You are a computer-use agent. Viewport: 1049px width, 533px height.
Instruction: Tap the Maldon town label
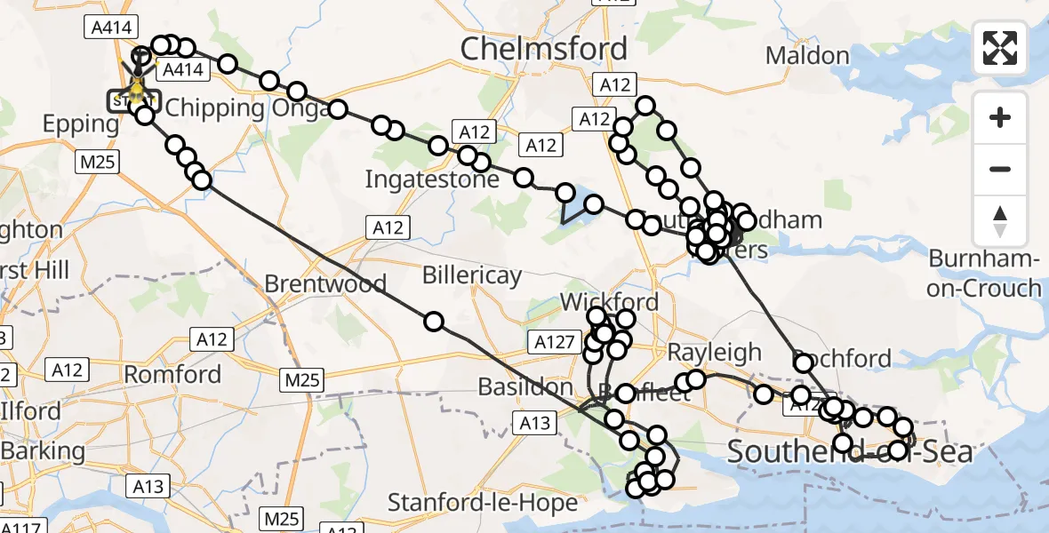[x=807, y=56]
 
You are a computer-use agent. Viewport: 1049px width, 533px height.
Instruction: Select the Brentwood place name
[x=325, y=284]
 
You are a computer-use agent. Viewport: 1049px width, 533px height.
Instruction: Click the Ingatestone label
[x=432, y=179]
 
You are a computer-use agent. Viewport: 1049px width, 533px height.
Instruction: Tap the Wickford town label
[x=609, y=302]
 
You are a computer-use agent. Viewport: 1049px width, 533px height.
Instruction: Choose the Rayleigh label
[x=715, y=353]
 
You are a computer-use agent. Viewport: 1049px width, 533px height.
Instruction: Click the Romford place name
[x=172, y=374]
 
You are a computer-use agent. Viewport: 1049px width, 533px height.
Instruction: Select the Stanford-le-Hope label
[x=483, y=503]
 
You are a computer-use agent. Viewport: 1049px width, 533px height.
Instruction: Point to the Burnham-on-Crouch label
[x=985, y=274]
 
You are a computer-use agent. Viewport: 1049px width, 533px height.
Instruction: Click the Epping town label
[x=81, y=124]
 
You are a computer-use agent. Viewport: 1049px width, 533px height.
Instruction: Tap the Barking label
[x=43, y=450]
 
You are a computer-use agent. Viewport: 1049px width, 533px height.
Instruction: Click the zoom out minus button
[x=1000, y=169]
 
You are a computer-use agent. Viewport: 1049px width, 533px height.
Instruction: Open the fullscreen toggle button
[x=1000, y=48]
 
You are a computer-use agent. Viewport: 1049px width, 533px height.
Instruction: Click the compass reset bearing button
[x=1000, y=220]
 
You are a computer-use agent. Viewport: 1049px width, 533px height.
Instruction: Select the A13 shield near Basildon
[x=535, y=424]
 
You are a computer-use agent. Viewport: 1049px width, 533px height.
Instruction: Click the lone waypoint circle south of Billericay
[x=434, y=321]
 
